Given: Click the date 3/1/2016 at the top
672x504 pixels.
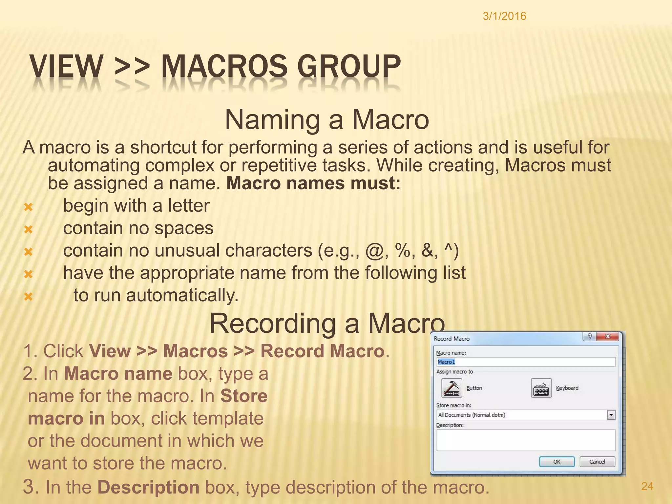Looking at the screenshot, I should [504, 16].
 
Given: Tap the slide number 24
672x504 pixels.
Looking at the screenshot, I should [647, 486].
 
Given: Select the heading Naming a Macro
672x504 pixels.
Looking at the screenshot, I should [327, 119].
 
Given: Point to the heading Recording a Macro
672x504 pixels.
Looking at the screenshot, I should [327, 323].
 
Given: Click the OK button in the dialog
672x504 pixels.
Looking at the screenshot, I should [557, 462].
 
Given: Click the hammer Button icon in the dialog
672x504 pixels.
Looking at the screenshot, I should [451, 388].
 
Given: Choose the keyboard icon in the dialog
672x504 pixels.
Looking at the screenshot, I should [541, 388].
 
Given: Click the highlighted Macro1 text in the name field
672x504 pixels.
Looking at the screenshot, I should [446, 362].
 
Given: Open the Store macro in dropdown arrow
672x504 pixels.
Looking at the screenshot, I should [611, 415].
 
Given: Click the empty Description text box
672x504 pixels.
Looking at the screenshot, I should [526, 440].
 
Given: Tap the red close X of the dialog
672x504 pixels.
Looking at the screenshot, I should [608, 337].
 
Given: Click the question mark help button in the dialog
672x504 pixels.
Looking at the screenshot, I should [590, 337].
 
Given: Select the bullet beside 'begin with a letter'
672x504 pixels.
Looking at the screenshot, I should [29, 207].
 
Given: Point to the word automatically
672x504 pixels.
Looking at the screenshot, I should [182, 295].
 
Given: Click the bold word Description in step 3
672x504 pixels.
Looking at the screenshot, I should [148, 487].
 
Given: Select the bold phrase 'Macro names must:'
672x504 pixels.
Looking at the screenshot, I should [313, 183].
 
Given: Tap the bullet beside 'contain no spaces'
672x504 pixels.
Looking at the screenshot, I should [29, 229].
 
